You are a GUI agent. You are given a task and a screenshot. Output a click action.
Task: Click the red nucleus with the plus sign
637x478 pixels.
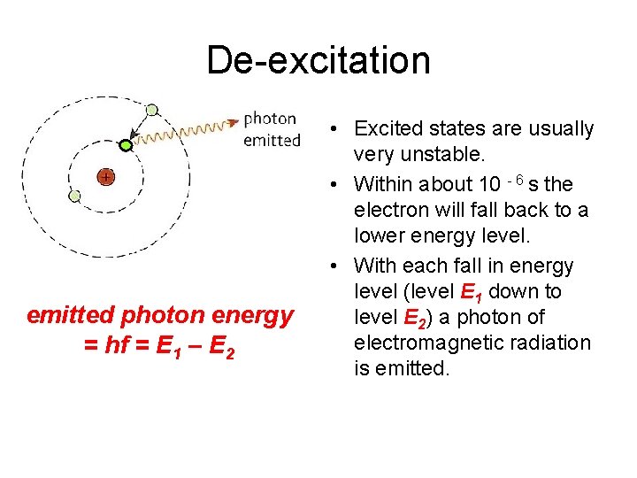(x=105, y=177)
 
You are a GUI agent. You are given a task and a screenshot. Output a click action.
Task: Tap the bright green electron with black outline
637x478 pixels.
(x=126, y=144)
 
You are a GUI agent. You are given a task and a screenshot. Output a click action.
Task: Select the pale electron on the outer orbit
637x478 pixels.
(x=152, y=110)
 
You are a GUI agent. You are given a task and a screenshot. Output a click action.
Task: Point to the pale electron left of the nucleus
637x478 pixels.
(x=74, y=196)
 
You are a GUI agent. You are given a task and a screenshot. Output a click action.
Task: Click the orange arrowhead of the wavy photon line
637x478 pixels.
(x=234, y=121)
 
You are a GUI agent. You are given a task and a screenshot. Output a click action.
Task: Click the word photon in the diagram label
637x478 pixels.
(x=271, y=119)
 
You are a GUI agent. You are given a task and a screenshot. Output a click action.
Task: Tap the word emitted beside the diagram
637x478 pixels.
(x=272, y=140)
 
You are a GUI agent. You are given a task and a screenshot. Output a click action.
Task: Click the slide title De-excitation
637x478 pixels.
(x=318, y=60)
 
